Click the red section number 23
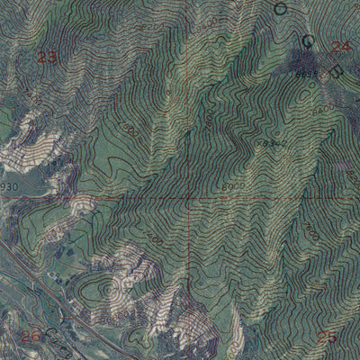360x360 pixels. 48,58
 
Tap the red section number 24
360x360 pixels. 339,47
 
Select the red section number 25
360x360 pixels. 328,337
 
